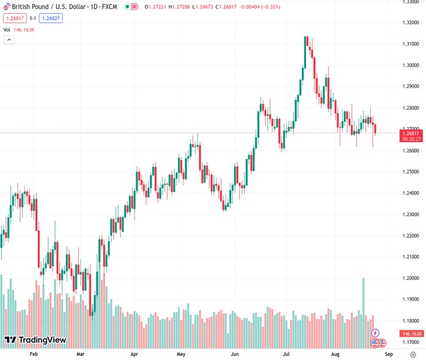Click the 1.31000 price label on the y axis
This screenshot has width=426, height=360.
411,44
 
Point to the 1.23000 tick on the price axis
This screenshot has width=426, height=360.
411,214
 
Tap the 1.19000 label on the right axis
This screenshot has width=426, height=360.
411,299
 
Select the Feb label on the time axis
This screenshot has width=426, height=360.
34,355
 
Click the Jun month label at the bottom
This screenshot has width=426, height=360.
236,355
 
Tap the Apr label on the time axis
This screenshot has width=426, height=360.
134,355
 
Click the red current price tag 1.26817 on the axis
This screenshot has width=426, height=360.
411,135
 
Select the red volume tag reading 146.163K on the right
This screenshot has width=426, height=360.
412,334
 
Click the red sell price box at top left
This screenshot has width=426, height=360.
14,18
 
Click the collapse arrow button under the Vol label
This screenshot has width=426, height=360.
9,40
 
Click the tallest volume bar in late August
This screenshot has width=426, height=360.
364,312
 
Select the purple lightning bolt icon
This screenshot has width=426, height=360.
376,333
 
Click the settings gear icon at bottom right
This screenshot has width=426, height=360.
412,355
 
